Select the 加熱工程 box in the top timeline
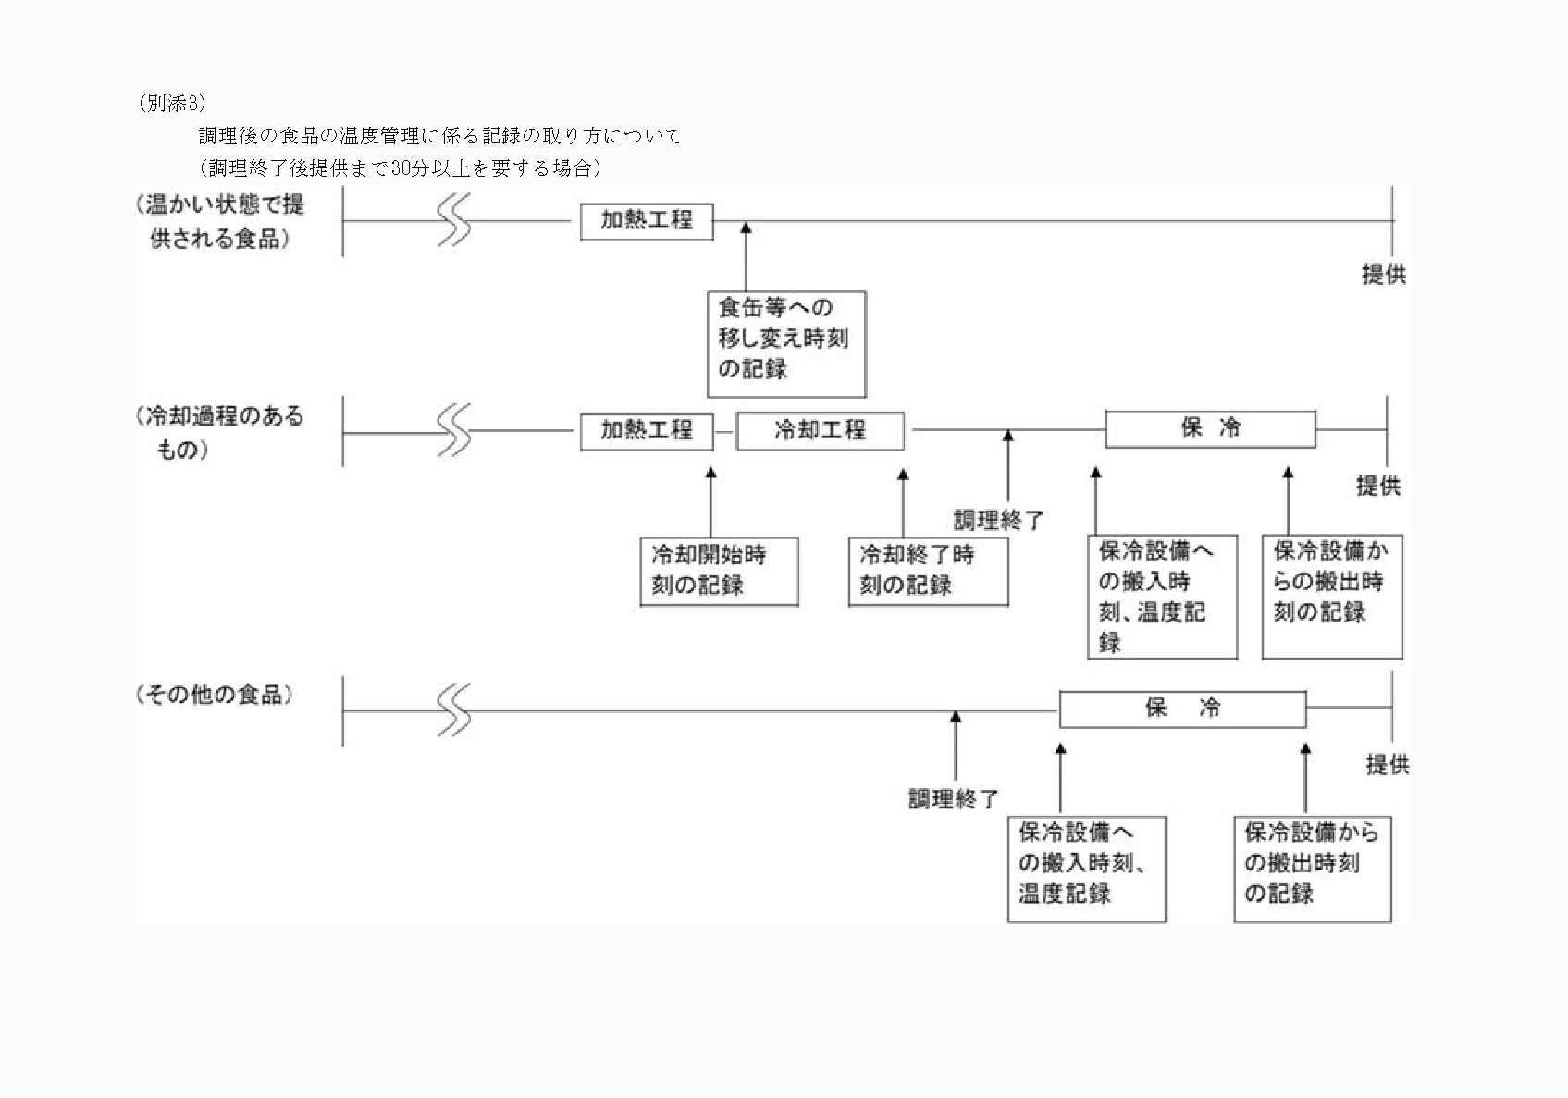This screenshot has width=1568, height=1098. coord(647,221)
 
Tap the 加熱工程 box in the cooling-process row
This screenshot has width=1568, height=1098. coord(647,431)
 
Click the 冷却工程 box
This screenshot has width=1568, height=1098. coord(820,431)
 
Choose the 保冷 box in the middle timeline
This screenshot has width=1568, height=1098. coord(1210,429)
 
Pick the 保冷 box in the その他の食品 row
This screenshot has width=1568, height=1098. coord(1182,709)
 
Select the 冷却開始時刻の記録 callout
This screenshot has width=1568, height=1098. coord(719,572)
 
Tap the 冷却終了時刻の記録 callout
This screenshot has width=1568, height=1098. coord(928,572)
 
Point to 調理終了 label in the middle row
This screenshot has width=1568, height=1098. coord(998,520)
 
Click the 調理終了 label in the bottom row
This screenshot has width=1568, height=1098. coord(953,798)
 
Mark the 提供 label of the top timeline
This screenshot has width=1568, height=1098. coord(1384,275)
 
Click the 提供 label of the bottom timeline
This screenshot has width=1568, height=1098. coord(1388,765)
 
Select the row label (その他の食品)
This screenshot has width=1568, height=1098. coord(215,696)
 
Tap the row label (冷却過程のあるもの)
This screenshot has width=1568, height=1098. coord(220,433)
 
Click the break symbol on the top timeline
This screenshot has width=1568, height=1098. coord(453,220)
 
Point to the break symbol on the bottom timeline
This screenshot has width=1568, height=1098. coord(453,710)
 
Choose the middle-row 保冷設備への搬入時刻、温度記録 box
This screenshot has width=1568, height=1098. coord(1162,597)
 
